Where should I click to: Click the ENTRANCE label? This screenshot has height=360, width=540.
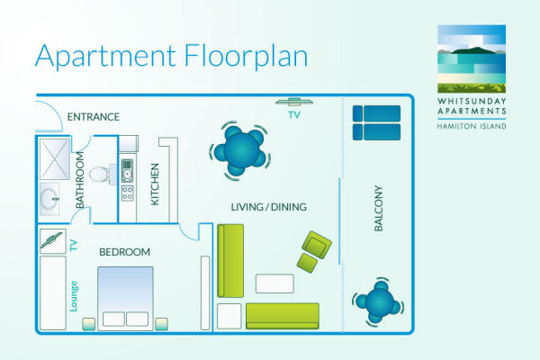coord(94,117)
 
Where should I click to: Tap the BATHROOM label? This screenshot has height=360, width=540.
coord(80,180)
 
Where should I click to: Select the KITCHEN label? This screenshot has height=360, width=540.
coord(155,184)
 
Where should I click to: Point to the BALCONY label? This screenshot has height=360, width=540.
coord(378,208)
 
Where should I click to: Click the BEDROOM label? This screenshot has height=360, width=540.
coord(125,252)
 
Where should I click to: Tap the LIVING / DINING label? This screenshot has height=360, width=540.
coord(268,207)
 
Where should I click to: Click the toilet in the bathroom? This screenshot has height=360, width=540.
coord(103,174)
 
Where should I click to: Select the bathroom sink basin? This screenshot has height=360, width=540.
coord(49,199)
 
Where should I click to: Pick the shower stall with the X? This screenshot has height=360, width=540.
coord(55,158)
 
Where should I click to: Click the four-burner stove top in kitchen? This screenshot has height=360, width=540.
coord(128,193)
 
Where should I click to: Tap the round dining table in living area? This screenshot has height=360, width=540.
coord(241,150)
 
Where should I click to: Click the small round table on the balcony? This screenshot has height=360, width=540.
coord(379,302)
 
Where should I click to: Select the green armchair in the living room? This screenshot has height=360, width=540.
coord(317,245)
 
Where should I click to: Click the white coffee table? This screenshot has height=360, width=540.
coord(274,283)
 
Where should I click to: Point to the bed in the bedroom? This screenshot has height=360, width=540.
coord(125,298)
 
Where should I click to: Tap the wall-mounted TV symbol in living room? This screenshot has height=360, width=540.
coord(294,102)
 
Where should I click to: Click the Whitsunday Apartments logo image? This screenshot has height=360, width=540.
coord(472,58)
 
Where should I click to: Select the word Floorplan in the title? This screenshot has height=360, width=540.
coord(246,56)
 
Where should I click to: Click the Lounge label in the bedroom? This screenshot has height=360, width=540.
coord(74,296)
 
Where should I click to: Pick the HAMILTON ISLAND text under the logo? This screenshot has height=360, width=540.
coord(472,126)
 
